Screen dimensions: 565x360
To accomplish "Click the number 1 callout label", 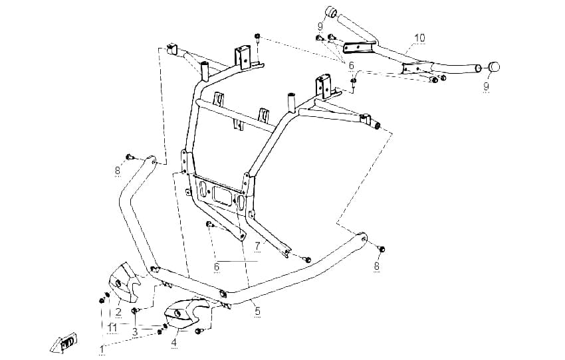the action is click(102, 349).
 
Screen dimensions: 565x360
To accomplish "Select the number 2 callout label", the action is click(118, 312).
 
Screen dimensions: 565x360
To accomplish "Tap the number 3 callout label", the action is click(135, 332).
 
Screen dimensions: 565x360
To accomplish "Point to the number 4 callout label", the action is click(174, 342).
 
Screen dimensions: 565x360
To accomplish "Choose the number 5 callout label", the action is click(257, 312).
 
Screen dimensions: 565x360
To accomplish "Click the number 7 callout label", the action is click(257, 247).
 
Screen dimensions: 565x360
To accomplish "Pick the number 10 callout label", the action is click(420, 38).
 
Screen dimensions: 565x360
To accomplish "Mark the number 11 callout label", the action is click(112, 327).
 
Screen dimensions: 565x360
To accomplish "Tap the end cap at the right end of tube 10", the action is click(494, 67).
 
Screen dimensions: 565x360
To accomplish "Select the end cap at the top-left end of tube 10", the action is click(331, 11).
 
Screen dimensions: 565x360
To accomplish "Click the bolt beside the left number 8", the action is click(130, 157).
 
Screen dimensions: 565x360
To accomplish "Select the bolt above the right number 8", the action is click(382, 249).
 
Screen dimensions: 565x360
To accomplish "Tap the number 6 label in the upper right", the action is click(352, 66).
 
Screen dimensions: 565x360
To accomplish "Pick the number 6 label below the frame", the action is click(217, 267).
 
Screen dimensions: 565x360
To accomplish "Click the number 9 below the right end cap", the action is click(486, 86).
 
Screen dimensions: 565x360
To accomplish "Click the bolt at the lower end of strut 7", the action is click(307, 259).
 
